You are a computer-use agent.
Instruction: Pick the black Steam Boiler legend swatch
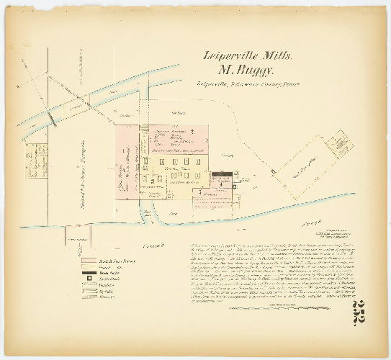[90, 273]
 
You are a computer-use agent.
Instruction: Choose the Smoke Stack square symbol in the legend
[90, 279]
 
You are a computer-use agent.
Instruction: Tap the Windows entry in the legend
[90, 285]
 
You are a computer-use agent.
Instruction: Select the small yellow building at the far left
[33, 156]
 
